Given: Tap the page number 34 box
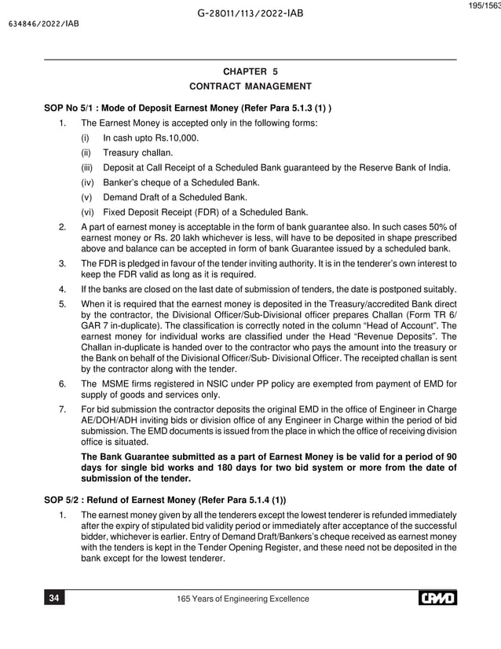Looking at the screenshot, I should [x=54, y=599].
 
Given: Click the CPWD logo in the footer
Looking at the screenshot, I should [x=437, y=599].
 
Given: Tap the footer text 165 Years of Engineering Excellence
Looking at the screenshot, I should [x=245, y=599].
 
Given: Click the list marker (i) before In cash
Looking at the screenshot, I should [x=85, y=138].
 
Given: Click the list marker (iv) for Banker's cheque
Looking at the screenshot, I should [x=86, y=182].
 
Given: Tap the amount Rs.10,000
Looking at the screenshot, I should [x=175, y=138].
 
